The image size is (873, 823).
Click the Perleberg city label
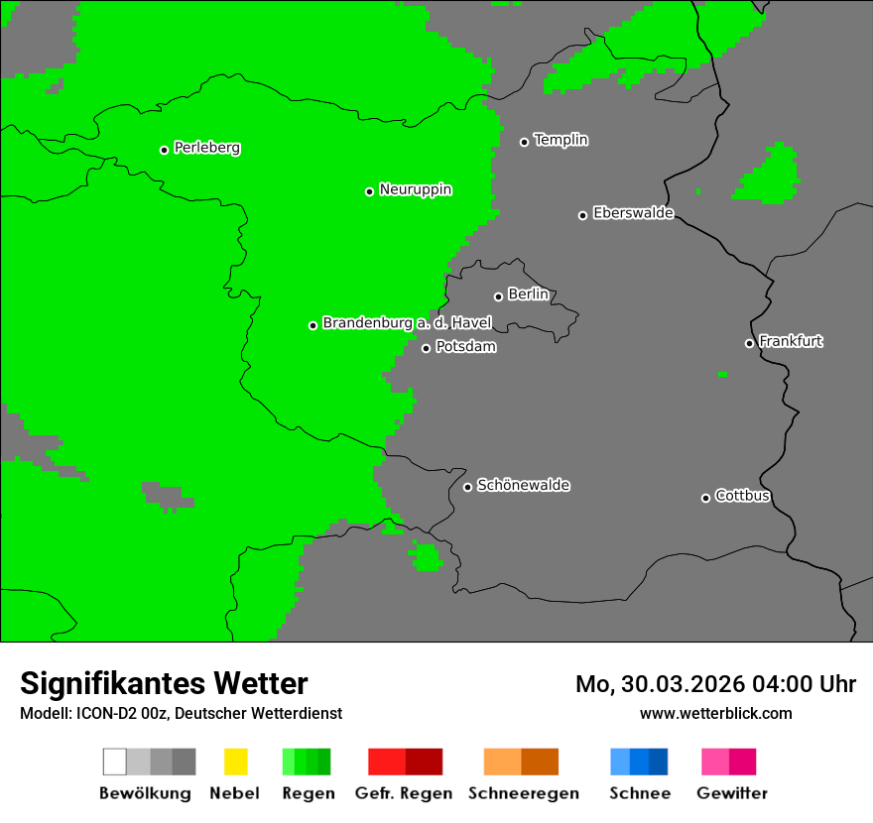coord(206,148)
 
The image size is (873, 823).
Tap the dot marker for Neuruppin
coord(369,191)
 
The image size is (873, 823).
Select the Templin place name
coord(561,140)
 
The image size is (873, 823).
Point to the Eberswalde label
coord(633,213)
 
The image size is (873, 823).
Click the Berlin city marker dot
coord(498,296)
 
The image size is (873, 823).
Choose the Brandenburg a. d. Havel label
coord(407,323)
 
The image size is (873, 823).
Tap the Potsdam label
coord(465,347)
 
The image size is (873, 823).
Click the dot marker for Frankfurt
coord(749,343)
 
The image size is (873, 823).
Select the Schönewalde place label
coord(523,485)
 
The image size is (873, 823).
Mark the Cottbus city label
coord(742,496)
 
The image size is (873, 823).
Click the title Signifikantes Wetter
coord(164,683)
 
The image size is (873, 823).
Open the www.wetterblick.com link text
coord(715,713)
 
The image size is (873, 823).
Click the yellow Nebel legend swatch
coord(235,762)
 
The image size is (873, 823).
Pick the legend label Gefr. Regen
coord(405,793)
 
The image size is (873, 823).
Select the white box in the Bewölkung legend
coord(114,762)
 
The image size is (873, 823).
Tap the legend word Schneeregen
coord(524,793)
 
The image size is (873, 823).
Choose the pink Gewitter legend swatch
coord(715,762)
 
